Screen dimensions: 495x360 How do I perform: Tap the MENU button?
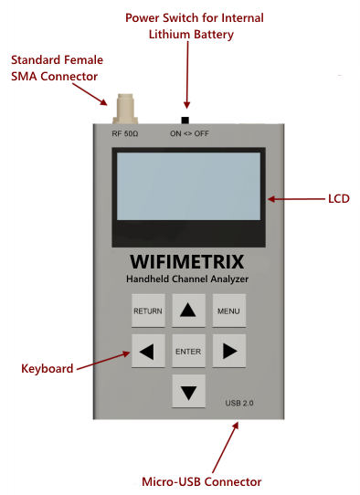228,311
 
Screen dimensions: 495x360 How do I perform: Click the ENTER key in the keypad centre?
188,351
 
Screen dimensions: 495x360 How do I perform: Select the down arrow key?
188,392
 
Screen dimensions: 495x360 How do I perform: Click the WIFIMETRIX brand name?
186,260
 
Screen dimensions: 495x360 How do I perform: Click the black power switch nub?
185,121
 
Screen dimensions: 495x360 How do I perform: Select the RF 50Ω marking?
125,134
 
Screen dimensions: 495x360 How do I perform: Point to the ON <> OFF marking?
189,134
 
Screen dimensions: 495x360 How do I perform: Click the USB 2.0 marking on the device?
240,403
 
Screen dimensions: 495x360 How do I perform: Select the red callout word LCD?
337,198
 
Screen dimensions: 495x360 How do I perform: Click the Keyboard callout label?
47,369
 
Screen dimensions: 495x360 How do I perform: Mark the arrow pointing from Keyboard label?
103,359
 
